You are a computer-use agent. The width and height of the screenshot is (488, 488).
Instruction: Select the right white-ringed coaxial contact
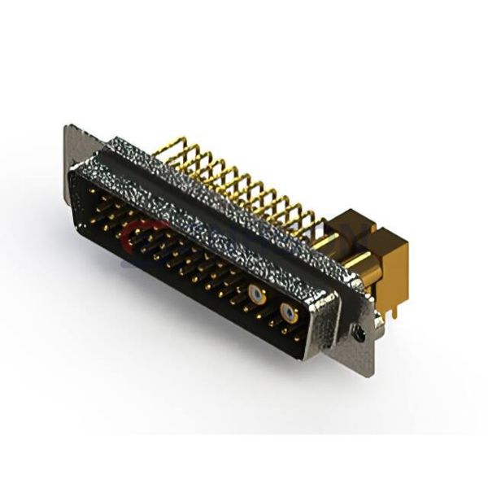point(287,313)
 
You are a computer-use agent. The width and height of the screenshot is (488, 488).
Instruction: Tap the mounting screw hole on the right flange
point(358,331)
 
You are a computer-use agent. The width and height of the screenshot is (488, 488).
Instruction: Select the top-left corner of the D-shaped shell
point(75,169)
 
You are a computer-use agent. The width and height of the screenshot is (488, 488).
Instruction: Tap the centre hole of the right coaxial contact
point(287,313)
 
